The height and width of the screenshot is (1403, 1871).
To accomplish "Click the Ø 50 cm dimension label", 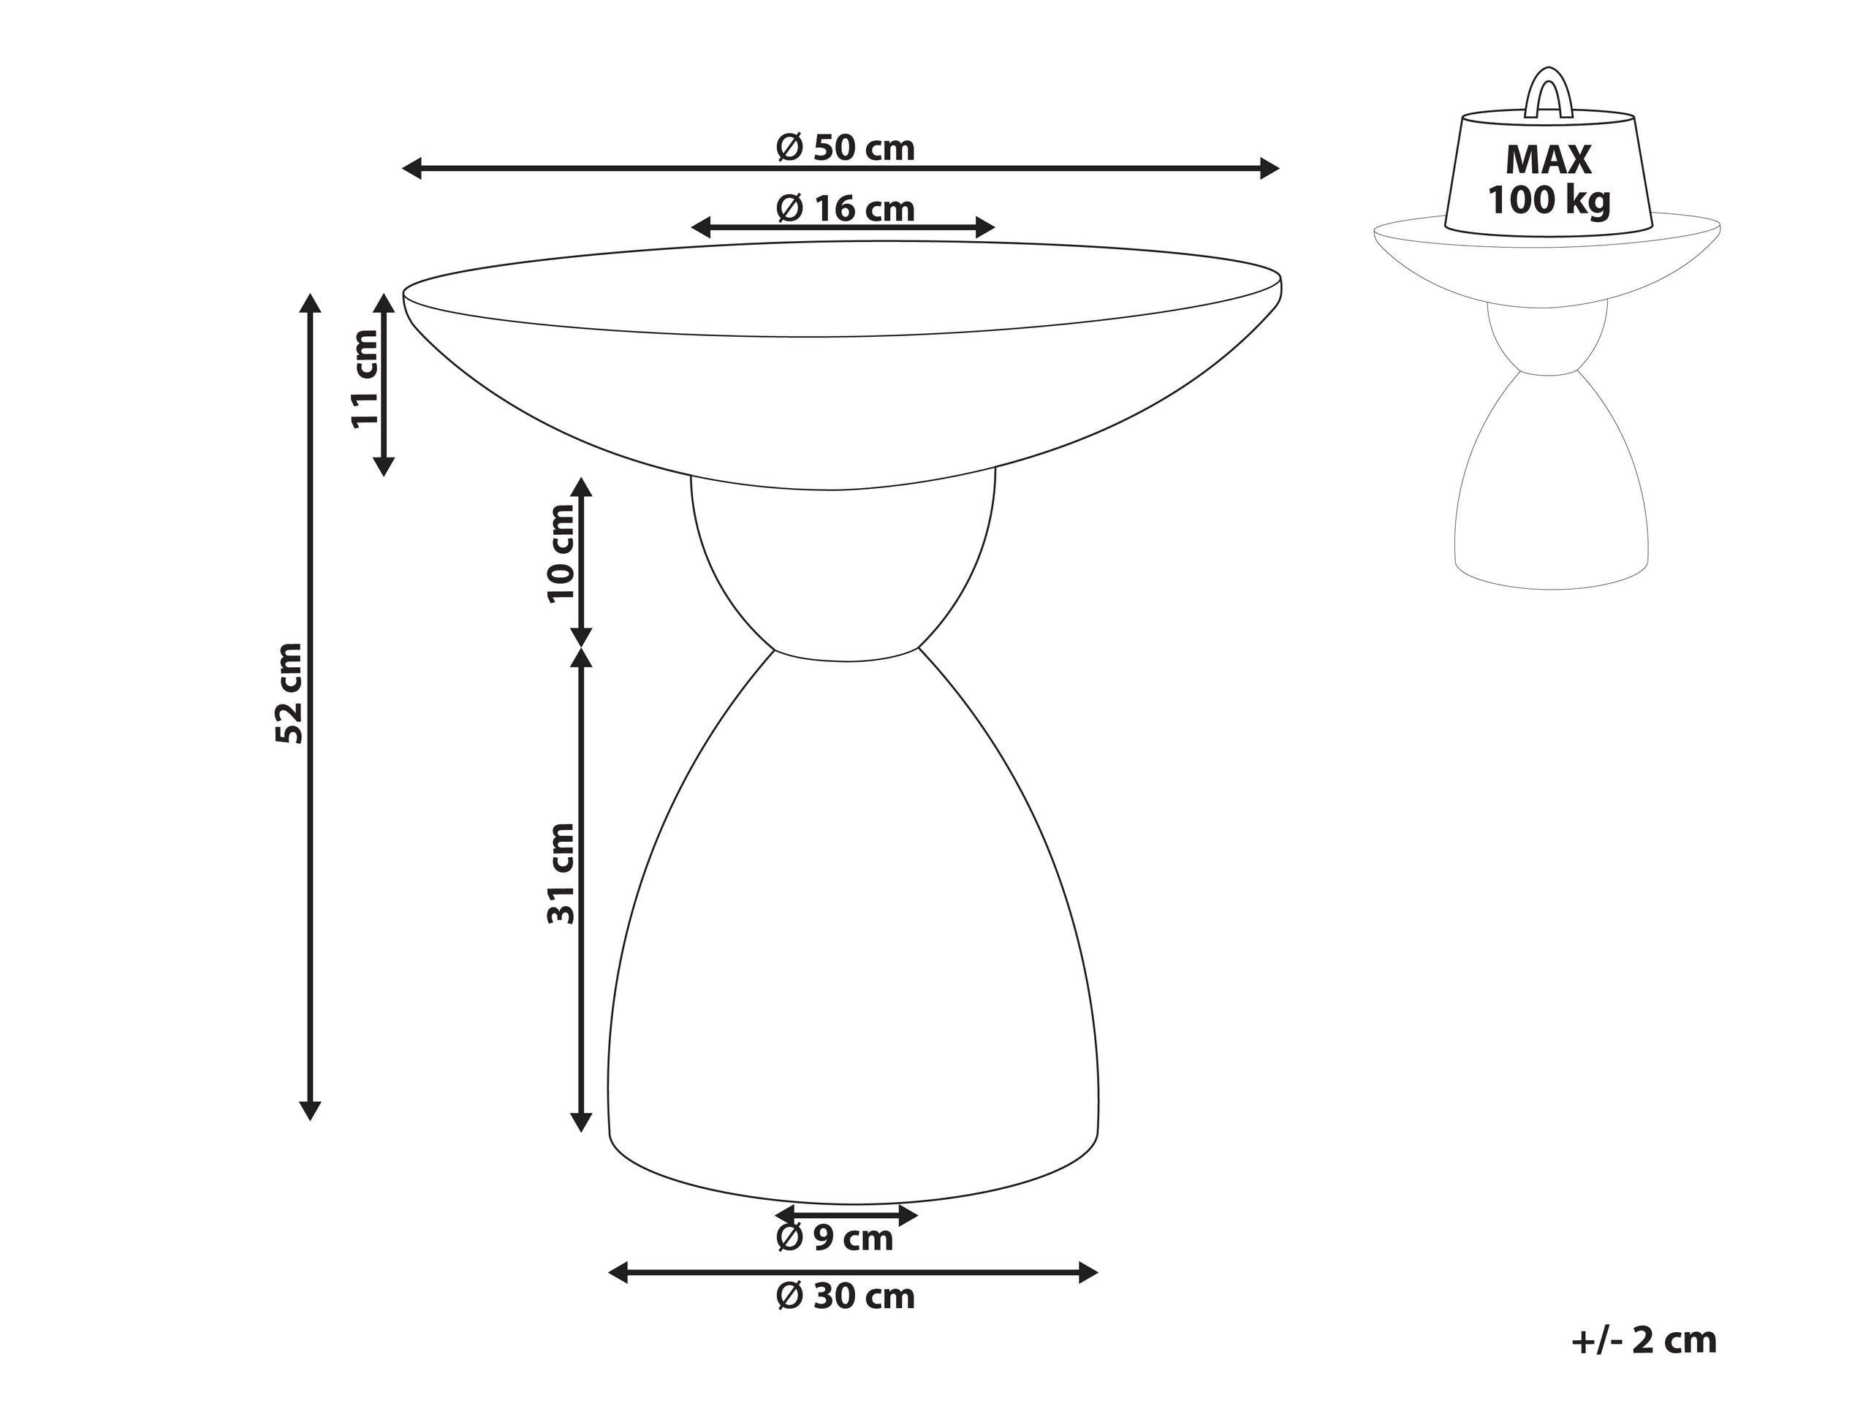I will [x=845, y=148].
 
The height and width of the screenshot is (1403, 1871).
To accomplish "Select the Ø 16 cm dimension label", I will [x=845, y=208].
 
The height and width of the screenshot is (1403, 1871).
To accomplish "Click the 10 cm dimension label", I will [x=561, y=553].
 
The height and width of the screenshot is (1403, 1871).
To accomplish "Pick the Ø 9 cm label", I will [x=834, y=1238].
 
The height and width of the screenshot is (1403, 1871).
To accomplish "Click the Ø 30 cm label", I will [x=845, y=1296].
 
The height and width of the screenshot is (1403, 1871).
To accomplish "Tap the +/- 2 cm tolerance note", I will [x=1644, y=1340].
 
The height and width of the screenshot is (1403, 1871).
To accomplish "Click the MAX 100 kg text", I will [x=1549, y=180].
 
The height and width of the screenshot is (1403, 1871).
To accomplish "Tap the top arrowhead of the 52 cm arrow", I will [x=311, y=302].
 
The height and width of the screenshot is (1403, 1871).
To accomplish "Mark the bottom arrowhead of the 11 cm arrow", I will [x=384, y=466].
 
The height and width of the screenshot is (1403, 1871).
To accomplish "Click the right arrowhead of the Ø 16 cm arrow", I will [x=985, y=227].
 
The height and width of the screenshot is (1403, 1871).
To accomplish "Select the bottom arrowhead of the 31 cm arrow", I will [x=581, y=1122].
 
